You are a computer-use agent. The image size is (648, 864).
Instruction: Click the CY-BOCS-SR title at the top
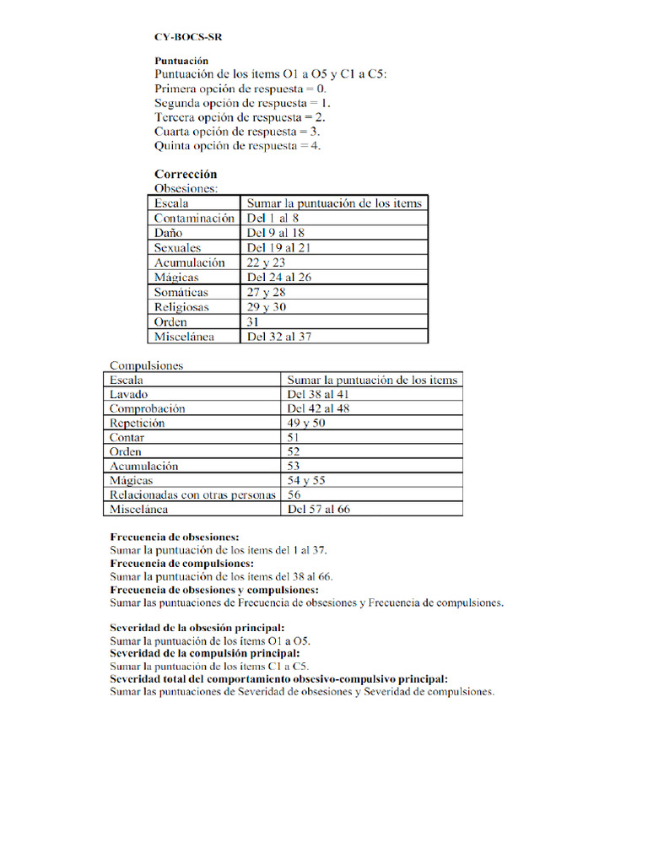click(x=189, y=37)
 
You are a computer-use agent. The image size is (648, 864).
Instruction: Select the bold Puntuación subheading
click(x=181, y=61)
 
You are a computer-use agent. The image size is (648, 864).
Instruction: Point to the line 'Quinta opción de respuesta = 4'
click(x=238, y=146)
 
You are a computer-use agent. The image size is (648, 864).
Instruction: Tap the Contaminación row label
click(x=194, y=218)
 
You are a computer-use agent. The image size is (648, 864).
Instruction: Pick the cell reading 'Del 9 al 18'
click(x=275, y=233)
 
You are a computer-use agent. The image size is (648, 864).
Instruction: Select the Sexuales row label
click(x=177, y=248)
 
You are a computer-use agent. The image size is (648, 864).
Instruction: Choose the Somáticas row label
click(x=181, y=292)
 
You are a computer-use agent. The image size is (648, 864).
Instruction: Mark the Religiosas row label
click(x=181, y=307)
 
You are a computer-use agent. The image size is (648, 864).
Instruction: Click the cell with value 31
click(x=253, y=321)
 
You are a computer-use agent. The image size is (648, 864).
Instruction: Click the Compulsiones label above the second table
click(x=146, y=365)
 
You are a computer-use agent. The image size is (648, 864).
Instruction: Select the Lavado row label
click(x=129, y=394)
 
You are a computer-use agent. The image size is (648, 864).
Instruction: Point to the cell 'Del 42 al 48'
click(x=319, y=408)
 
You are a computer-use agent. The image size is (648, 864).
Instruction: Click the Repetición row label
click(x=137, y=423)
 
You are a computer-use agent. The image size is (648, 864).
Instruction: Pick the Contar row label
click(x=127, y=437)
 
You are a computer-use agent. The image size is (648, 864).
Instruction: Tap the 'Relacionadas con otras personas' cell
click(x=192, y=495)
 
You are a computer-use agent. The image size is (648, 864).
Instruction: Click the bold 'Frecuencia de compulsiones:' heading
click(x=181, y=563)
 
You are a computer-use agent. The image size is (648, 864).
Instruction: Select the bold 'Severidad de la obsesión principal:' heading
click(x=197, y=628)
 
